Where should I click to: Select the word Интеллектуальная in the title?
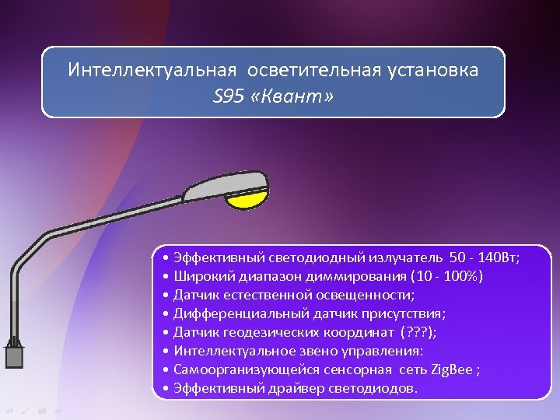152,70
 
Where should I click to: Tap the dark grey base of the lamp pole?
14,357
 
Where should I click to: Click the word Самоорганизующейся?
242,369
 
